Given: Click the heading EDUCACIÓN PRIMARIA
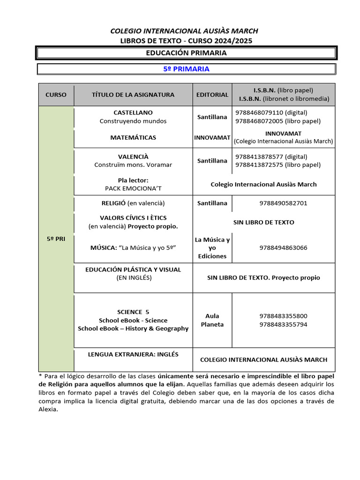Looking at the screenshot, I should [x=186, y=53].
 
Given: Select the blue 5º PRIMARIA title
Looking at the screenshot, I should [x=186, y=69].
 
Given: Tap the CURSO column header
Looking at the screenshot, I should [x=56, y=95].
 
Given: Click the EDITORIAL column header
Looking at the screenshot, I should [x=212, y=95].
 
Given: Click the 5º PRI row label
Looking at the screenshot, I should [x=56, y=239].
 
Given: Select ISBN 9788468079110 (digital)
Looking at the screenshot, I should [x=271, y=112].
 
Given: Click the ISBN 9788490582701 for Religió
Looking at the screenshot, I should [x=283, y=203].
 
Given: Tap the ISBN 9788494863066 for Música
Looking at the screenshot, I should [x=283, y=247].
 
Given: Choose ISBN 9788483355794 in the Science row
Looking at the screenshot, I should [x=283, y=324].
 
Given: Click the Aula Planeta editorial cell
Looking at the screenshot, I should [x=212, y=320].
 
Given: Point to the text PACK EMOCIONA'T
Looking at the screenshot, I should [x=133, y=188].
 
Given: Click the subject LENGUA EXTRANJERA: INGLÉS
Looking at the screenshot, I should [x=133, y=354].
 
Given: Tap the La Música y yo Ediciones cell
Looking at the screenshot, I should [x=212, y=248].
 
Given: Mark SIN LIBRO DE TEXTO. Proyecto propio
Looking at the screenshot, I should [x=263, y=277].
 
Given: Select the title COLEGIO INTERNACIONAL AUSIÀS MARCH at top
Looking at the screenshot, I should [x=184, y=31].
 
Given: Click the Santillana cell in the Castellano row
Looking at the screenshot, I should [x=212, y=117].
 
